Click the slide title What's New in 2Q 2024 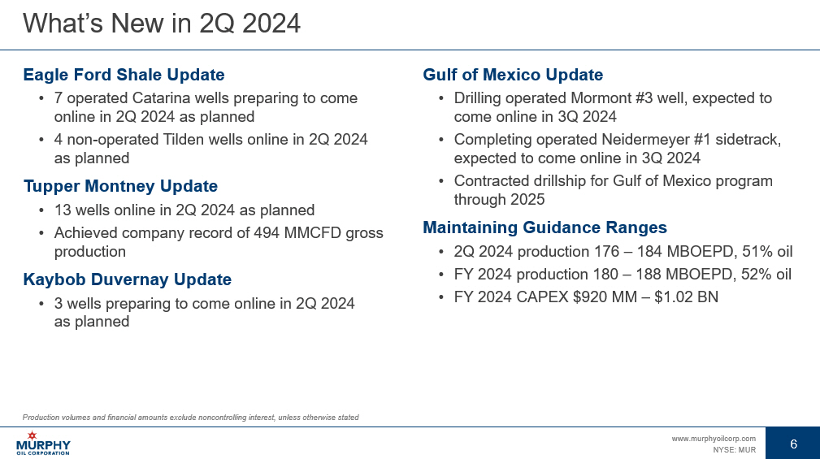pos(162,24)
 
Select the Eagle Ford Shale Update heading pos(124,75)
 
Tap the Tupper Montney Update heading pos(120,186)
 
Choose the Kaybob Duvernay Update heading pos(127,279)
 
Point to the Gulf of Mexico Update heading pos(513,75)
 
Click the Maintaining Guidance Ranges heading pos(544,227)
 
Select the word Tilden pos(183,140)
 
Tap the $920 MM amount pos(605,297)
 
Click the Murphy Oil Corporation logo pos(43,444)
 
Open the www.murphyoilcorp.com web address pos(714,439)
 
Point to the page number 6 pos(793,444)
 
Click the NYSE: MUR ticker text pos(734,449)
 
